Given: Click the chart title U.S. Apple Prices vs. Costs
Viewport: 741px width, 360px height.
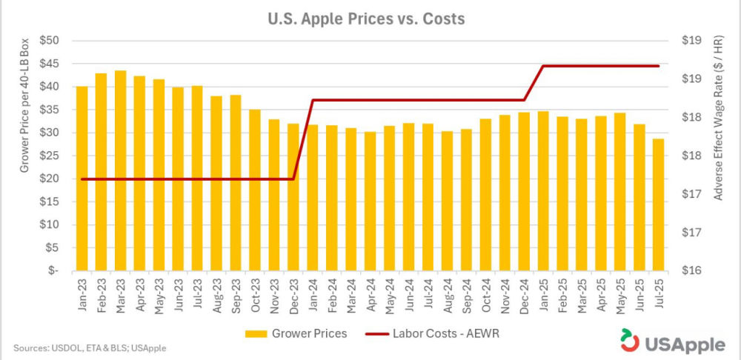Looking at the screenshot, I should point(366,19).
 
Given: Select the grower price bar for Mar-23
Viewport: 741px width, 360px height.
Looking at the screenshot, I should point(120,170).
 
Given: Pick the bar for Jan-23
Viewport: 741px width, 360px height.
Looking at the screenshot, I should point(82,179).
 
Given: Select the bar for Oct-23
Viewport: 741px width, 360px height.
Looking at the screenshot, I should point(254,190).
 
